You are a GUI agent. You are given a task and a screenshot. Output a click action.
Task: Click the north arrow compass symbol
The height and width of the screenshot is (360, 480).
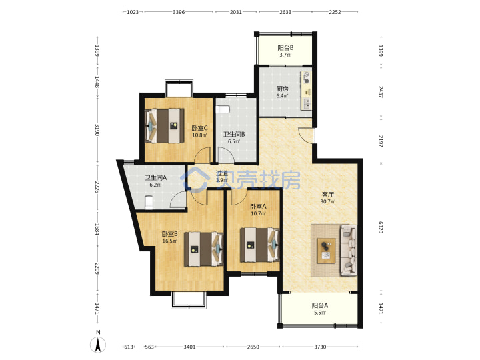[x=98, y=345]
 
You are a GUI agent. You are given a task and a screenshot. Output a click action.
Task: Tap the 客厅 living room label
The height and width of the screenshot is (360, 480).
[x=327, y=195]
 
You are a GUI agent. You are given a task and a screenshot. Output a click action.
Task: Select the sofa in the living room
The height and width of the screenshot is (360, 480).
[x=349, y=249]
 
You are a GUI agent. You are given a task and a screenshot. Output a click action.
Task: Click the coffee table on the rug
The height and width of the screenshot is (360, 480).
[x=326, y=251]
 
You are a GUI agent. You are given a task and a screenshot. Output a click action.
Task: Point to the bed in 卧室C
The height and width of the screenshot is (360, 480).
[x=165, y=126]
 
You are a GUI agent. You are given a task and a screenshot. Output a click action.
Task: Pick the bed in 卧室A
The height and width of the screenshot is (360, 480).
[x=259, y=245]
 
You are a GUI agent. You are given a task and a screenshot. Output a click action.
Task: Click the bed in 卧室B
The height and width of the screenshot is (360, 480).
[x=203, y=249]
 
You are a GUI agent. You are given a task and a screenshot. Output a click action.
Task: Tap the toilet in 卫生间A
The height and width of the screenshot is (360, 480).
[x=149, y=203]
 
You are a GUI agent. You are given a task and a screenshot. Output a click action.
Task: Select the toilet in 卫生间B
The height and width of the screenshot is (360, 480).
[x=223, y=109]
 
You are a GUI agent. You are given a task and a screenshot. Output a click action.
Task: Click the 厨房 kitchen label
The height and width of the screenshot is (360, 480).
[x=282, y=89]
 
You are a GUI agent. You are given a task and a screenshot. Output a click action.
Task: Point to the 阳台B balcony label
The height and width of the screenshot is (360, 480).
[x=285, y=48]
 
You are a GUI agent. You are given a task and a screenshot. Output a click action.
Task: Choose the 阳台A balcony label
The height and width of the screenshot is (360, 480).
[x=320, y=305]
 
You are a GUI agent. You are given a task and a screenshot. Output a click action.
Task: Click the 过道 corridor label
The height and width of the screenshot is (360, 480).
[x=222, y=173]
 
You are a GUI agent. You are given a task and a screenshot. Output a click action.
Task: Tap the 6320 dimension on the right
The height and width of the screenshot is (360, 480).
[x=381, y=227]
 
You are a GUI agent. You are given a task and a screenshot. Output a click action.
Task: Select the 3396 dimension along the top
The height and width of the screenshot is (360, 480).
[x=179, y=12]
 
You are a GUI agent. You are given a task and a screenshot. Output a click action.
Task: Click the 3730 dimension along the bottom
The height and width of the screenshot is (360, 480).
[x=320, y=347]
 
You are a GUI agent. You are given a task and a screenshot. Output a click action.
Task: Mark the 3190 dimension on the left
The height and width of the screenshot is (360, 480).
[x=97, y=130]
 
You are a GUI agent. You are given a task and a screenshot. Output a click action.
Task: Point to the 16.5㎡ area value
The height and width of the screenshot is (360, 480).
[x=169, y=241]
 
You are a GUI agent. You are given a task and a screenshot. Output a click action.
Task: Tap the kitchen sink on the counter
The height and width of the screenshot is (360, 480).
[x=306, y=104]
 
